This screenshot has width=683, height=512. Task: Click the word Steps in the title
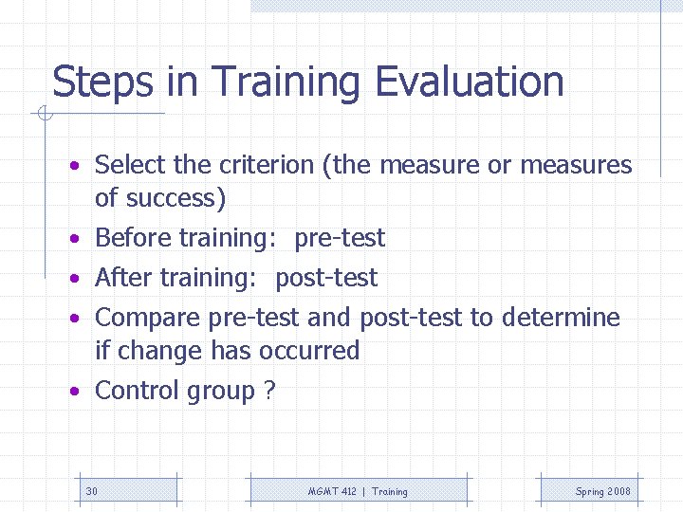point(102,82)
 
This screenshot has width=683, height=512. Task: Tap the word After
point(123,278)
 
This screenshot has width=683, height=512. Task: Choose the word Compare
point(148,318)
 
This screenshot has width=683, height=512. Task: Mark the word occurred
point(308,351)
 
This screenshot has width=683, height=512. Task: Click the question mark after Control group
point(270,391)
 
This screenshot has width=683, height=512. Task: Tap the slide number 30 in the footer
point(92,491)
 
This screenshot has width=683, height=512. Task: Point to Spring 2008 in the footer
point(602,491)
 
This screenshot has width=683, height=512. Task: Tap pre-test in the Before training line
point(340,238)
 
